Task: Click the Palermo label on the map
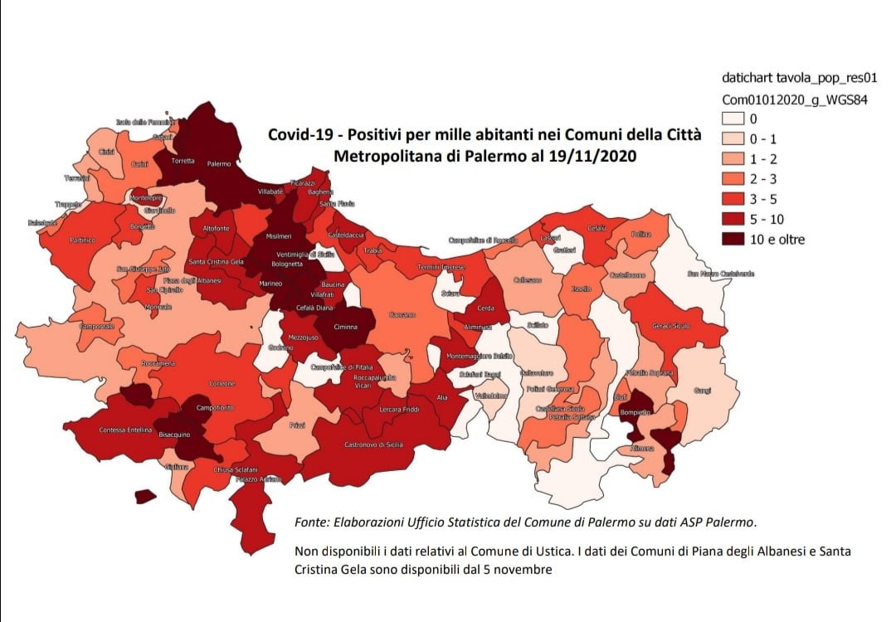point(219,164)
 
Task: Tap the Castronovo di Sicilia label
point(373,445)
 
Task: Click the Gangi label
point(702,389)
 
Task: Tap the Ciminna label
point(345,327)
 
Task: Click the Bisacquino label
point(175,434)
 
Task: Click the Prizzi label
point(297,425)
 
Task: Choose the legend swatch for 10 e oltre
point(735,240)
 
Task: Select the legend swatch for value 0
point(735,119)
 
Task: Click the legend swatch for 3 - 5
point(735,199)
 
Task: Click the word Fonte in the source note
point(310,522)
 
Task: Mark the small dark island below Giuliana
point(146,497)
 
